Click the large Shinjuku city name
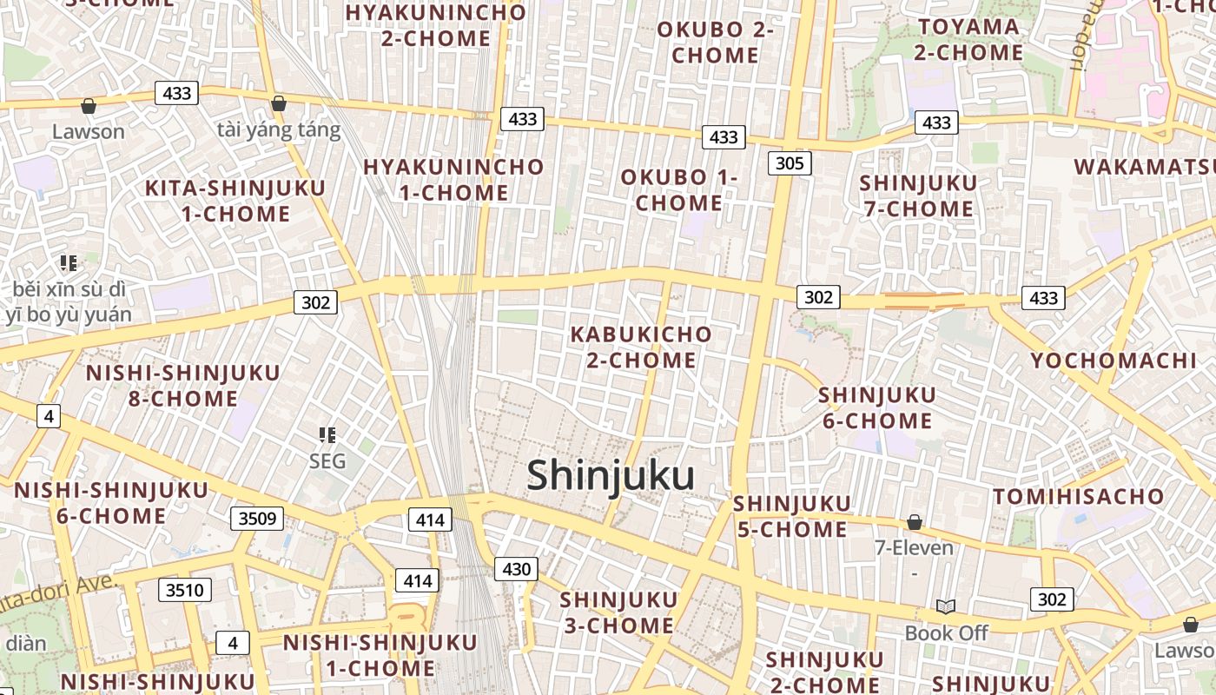click(611, 476)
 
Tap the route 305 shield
click(790, 163)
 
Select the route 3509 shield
click(257, 520)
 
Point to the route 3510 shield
click(185, 591)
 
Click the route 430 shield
click(516, 569)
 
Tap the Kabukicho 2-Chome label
click(641, 347)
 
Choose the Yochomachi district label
click(1113, 361)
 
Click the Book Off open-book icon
click(946, 606)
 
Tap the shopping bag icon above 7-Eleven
click(914, 522)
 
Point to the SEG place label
click(327, 460)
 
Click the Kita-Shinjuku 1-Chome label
click(235, 201)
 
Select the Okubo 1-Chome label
click(678, 190)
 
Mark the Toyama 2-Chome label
click(968, 39)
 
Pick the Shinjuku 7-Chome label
click(918, 195)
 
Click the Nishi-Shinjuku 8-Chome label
click(183, 386)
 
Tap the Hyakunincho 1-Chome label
click(453, 180)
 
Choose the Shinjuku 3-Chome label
click(618, 612)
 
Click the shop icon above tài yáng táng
click(278, 104)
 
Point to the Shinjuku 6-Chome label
click(876, 407)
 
